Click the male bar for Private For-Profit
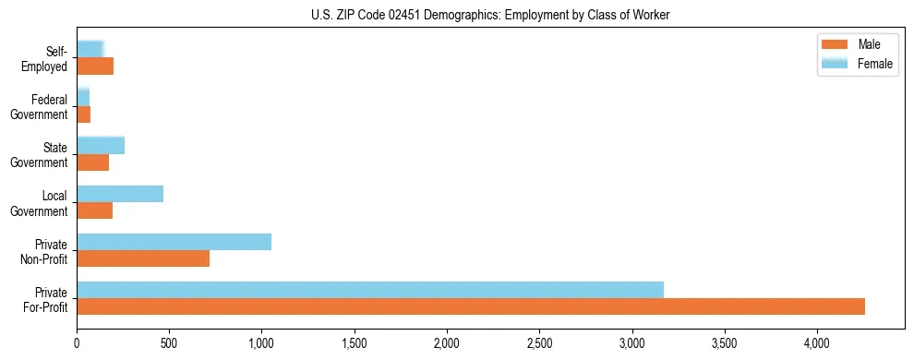point(471,306)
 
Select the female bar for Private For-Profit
point(369,290)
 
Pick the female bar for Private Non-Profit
point(174,242)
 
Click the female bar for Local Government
point(120,194)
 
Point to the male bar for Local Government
point(94,210)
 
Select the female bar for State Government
point(101,146)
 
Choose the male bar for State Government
point(92,162)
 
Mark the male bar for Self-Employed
point(95,66)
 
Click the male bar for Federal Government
point(83,114)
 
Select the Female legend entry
point(858,63)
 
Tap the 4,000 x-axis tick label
point(817,343)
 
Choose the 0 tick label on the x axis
point(77,343)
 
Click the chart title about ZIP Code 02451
point(490,15)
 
